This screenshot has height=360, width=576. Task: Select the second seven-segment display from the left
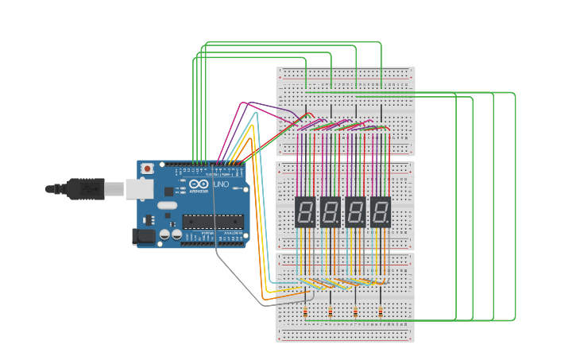(331, 211)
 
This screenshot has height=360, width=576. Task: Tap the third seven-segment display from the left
(356, 211)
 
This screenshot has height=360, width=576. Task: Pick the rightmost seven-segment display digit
(381, 211)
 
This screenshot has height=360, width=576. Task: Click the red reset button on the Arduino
(148, 168)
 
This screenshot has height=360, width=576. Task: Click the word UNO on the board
(222, 185)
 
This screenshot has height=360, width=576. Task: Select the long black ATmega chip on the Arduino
(212, 221)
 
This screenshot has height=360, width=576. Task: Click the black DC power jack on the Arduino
(143, 236)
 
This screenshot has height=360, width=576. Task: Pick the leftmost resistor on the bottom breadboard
(306, 312)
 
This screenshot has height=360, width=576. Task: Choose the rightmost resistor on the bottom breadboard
(381, 312)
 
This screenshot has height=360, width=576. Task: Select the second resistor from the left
(331, 312)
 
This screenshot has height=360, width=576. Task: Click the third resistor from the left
(355, 312)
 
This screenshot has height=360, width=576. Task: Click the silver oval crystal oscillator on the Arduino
(167, 205)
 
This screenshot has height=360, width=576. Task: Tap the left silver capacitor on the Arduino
(164, 234)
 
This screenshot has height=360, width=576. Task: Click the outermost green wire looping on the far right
(515, 207)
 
